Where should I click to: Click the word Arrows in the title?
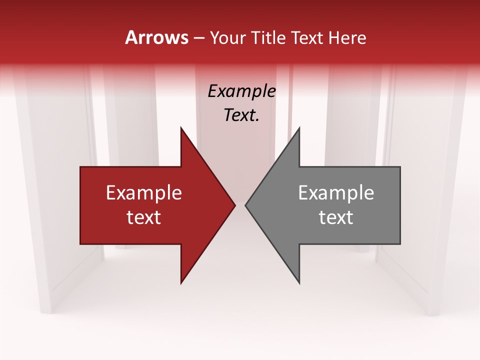click(157, 37)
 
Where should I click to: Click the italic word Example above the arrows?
click(241, 91)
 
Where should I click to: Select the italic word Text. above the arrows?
click(241, 115)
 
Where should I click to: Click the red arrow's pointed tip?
click(235, 205)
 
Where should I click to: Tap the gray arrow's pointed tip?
click(245, 205)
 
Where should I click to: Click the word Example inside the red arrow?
click(144, 193)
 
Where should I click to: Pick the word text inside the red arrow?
click(144, 217)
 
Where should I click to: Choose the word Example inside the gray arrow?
click(336, 193)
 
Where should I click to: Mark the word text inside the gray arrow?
click(336, 217)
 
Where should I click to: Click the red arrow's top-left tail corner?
click(81, 167)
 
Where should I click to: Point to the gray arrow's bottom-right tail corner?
click(399, 243)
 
